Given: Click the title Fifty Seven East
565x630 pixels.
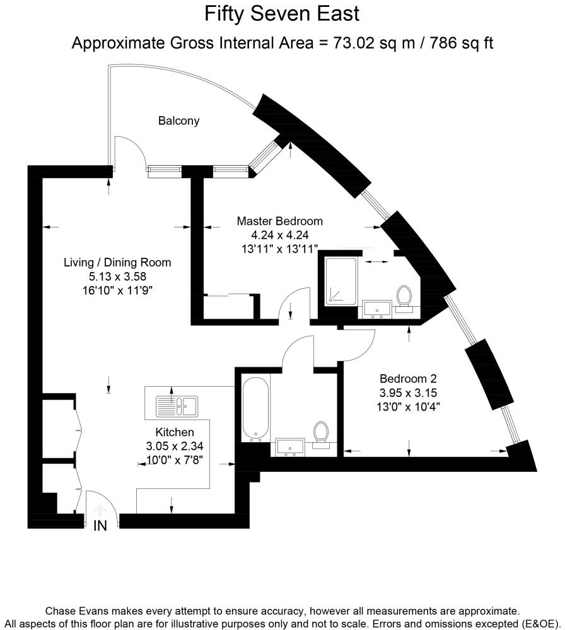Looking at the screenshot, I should pos(282,13).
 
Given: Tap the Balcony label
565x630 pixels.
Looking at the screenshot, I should pos(178,120).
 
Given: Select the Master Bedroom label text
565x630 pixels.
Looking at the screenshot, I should pos(279,221).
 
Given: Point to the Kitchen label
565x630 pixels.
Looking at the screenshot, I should pos(174,432).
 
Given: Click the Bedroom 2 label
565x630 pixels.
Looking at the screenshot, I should pos(408,379).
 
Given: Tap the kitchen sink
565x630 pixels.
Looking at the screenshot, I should pos(177,406).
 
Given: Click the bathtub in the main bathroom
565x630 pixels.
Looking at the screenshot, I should pos(256,409).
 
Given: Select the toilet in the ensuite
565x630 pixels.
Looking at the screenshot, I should pos(404,297).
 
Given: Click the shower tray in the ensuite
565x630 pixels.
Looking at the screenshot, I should pos(341,282).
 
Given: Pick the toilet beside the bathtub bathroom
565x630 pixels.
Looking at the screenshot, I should pos(321,434).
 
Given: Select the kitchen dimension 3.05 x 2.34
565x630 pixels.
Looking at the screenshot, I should pos(174,446).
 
